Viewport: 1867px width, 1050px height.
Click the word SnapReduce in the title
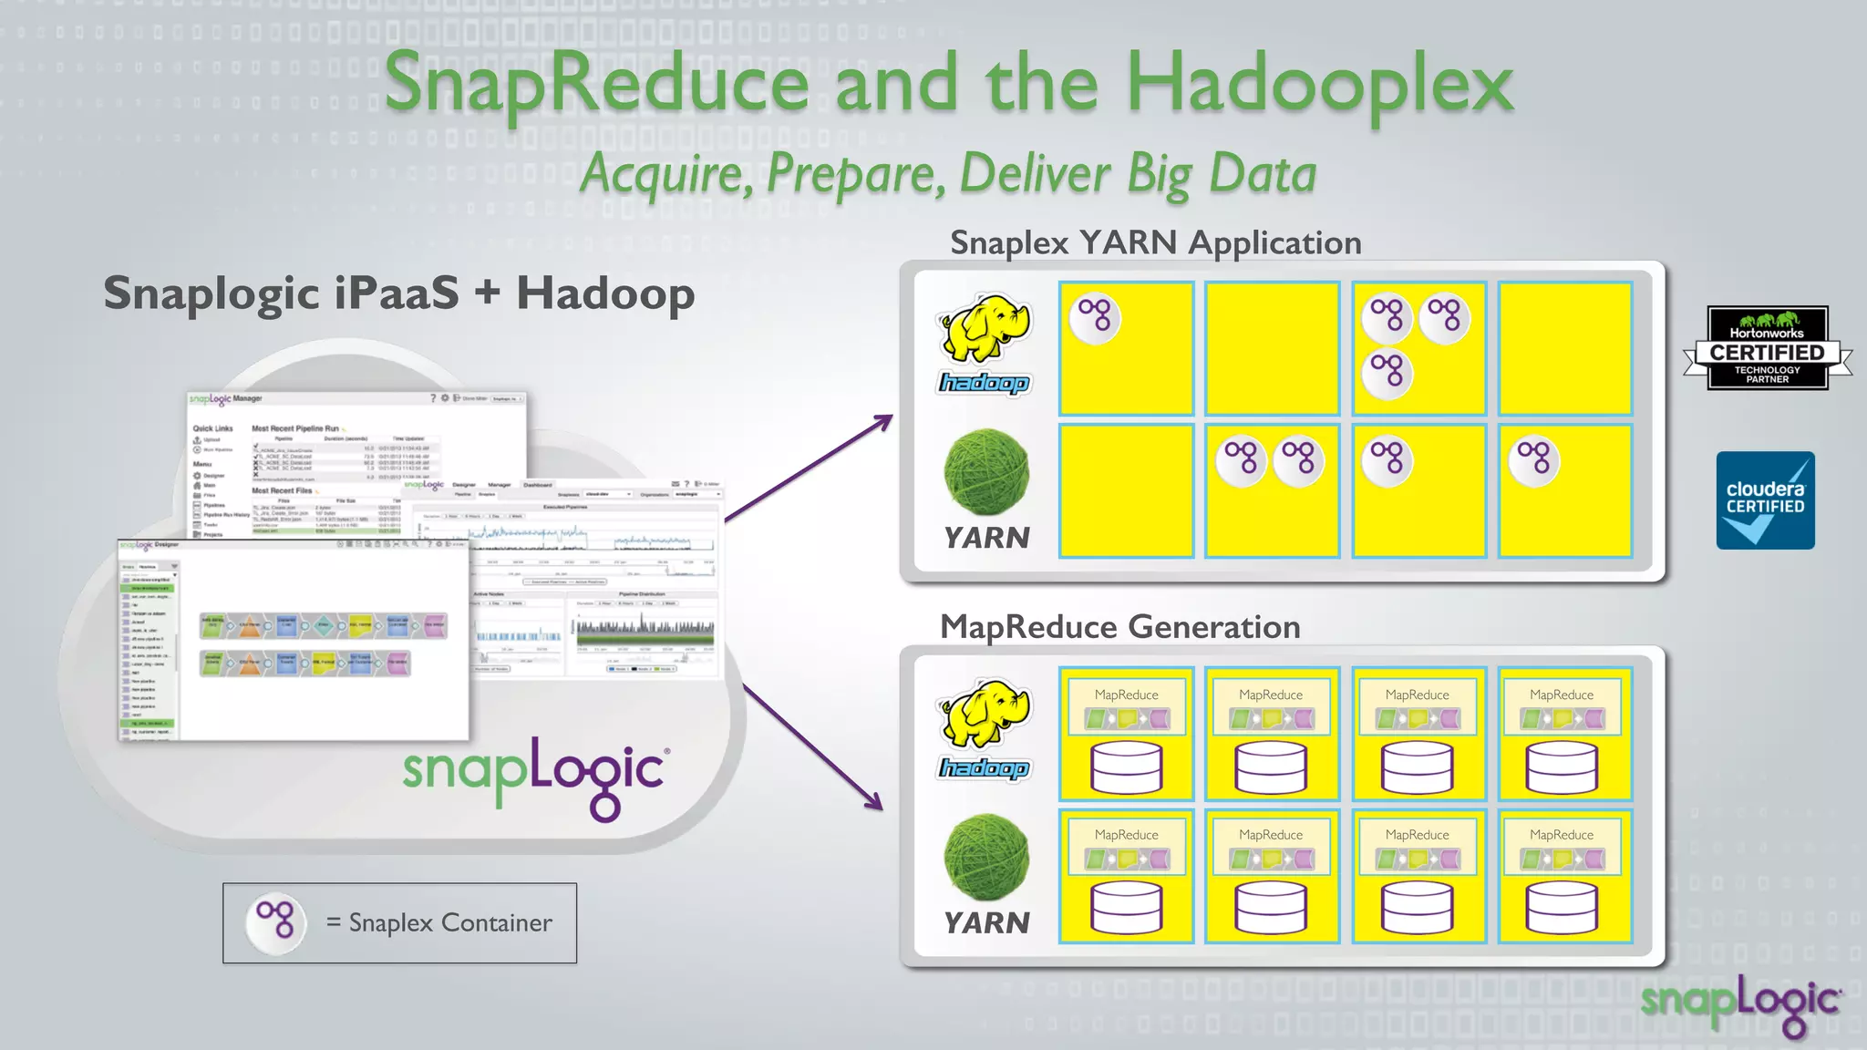[597, 84]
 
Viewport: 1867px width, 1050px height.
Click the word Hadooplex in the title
[1320, 84]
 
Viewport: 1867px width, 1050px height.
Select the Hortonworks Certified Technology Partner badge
[1767, 349]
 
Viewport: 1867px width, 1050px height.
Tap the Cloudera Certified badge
[1765, 500]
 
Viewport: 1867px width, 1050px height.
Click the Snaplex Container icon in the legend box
[275, 921]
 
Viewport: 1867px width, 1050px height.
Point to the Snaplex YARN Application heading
[1155, 242]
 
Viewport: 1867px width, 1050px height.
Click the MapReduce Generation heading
[1119, 627]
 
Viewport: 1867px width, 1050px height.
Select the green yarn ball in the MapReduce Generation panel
[985, 858]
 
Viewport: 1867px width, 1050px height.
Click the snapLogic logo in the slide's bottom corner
[1740, 1003]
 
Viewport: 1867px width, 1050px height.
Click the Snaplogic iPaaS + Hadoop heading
[398, 293]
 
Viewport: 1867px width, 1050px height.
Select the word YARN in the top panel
[986, 538]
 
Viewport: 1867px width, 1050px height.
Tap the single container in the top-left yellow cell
[1095, 318]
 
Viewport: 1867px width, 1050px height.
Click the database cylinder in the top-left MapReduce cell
[1126, 767]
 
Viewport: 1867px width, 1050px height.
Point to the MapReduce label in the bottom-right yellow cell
[1561, 835]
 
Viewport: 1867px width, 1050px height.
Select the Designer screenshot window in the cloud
[294, 638]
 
